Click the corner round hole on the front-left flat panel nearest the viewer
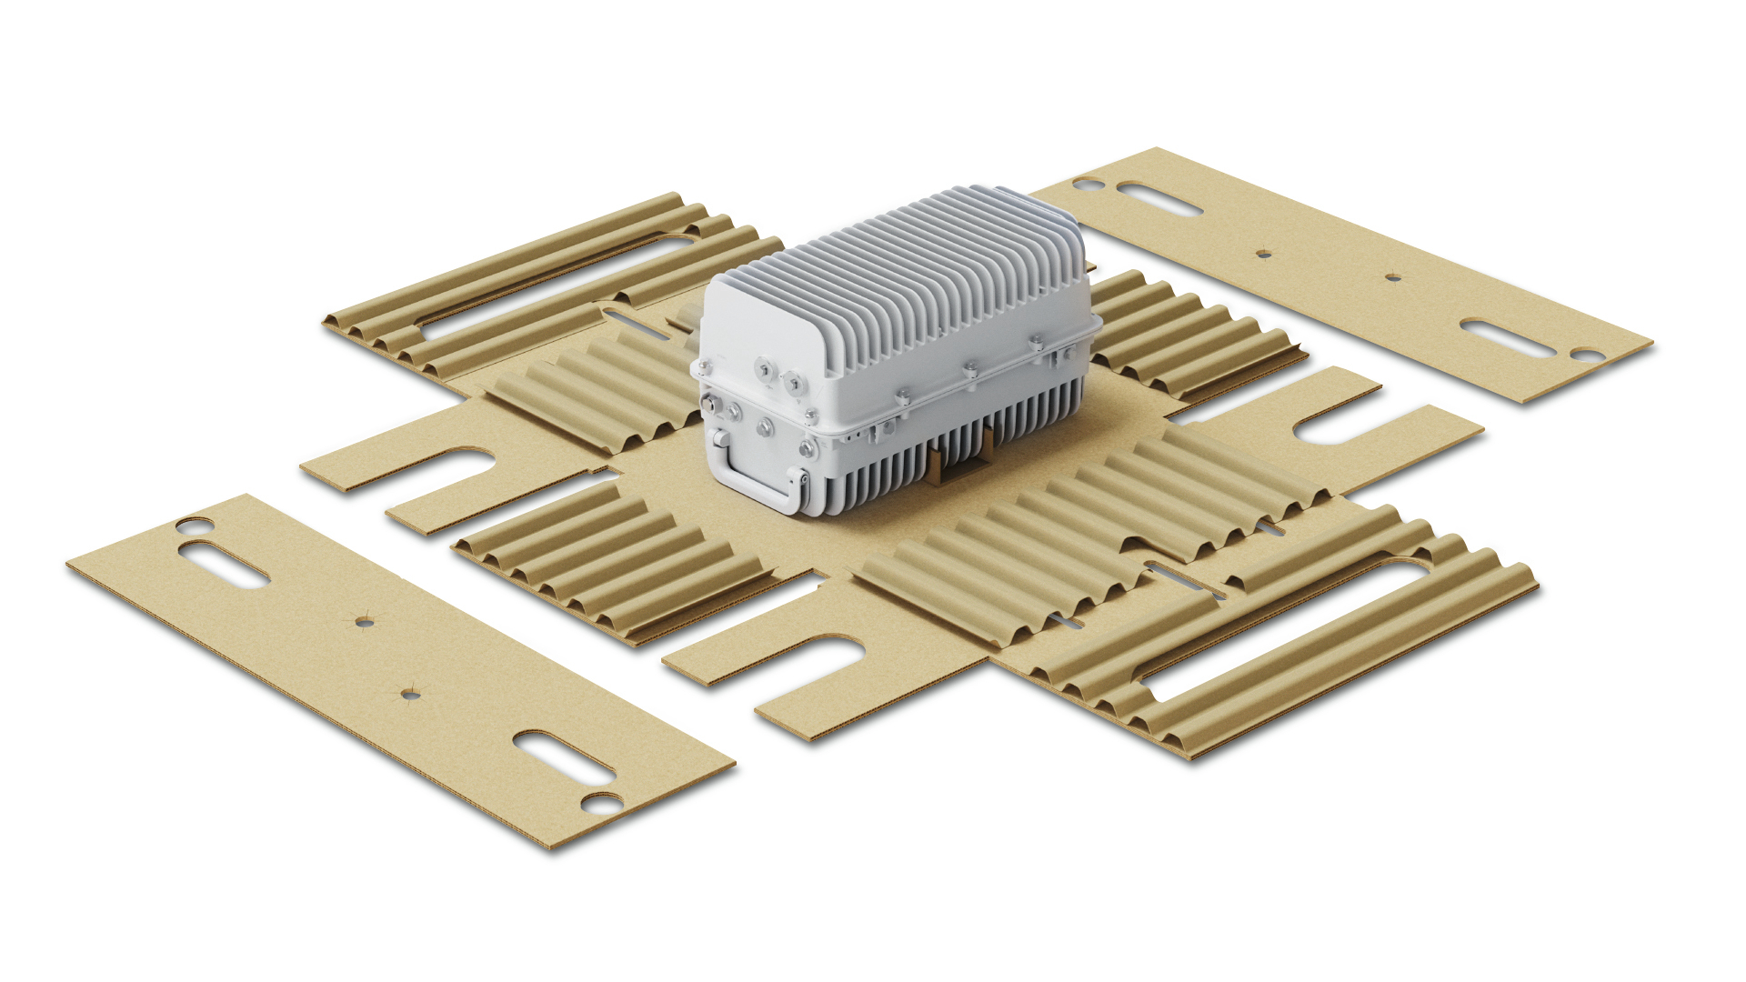pos(601,803)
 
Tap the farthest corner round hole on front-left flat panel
pos(194,526)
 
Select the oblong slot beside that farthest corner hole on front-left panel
pos(224,564)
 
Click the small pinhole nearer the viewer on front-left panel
pos(410,695)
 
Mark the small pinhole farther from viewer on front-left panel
pos(364,623)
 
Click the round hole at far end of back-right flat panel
pos(1088,185)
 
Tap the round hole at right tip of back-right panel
pos(1588,355)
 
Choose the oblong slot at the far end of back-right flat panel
pos(1159,199)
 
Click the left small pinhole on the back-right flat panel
pos(1263,254)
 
